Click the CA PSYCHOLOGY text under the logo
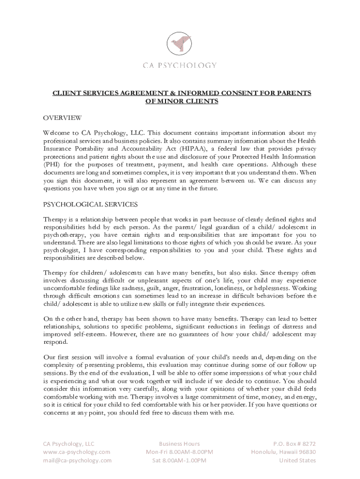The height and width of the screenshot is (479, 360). coord(180,65)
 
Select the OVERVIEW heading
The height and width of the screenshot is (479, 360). coord(63,117)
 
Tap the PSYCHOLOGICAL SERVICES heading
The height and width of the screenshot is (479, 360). coord(91,204)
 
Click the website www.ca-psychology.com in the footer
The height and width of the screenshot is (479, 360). coord(77,452)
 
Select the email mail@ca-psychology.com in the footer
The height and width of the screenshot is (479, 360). coord(78,460)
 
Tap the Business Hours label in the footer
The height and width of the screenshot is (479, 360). coord(180,443)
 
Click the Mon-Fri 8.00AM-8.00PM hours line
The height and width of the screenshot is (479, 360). coord(180,452)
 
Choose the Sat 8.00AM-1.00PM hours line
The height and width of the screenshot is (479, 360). coord(180,460)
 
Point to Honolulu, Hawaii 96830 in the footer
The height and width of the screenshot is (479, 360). coord(283,452)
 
